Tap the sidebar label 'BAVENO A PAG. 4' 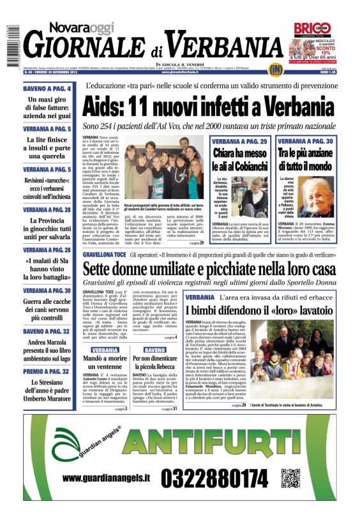point(47,89)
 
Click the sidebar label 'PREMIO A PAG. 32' point(47,371)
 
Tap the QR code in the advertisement point(290,478)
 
